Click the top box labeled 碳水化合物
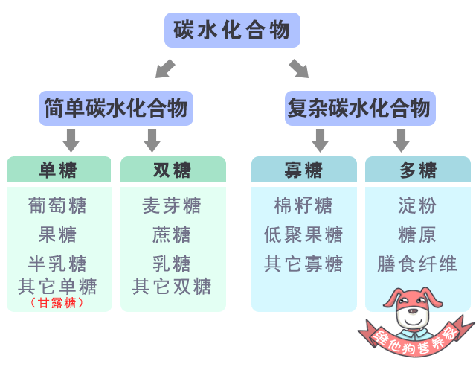pyautogui.click(x=232, y=31)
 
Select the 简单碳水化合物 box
pyautogui.click(x=115, y=109)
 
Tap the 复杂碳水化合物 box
pyautogui.click(x=358, y=109)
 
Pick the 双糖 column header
pyautogui.click(x=173, y=170)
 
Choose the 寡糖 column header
pyautogui.click(x=303, y=170)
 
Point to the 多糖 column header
pyautogui.click(x=418, y=170)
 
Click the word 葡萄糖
pyautogui.click(x=58, y=205)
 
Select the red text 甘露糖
pyautogui.click(x=58, y=303)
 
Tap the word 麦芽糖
pyautogui.click(x=172, y=205)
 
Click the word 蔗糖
pyautogui.click(x=172, y=235)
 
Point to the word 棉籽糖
pyautogui.click(x=303, y=205)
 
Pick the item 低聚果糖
pyautogui.click(x=303, y=235)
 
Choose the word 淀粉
pyautogui.click(x=417, y=205)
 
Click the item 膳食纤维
pyautogui.click(x=417, y=264)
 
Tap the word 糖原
pyautogui.click(x=417, y=235)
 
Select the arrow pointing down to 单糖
pyautogui.click(x=71, y=139)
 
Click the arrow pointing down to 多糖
pyautogui.click(x=402, y=139)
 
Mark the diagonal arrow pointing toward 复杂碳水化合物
pyautogui.click(x=299, y=68)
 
